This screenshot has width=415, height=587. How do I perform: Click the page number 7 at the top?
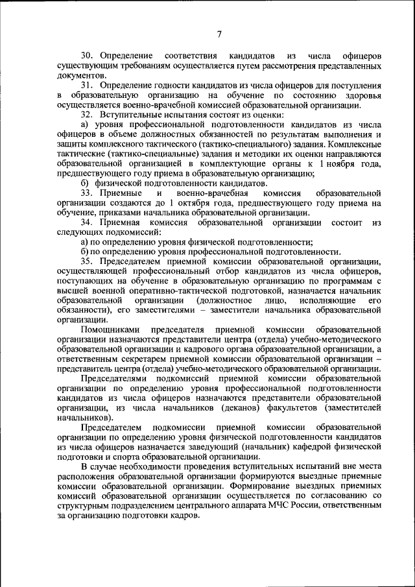click(220, 34)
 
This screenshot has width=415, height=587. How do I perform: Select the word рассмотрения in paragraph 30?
click(283, 67)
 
